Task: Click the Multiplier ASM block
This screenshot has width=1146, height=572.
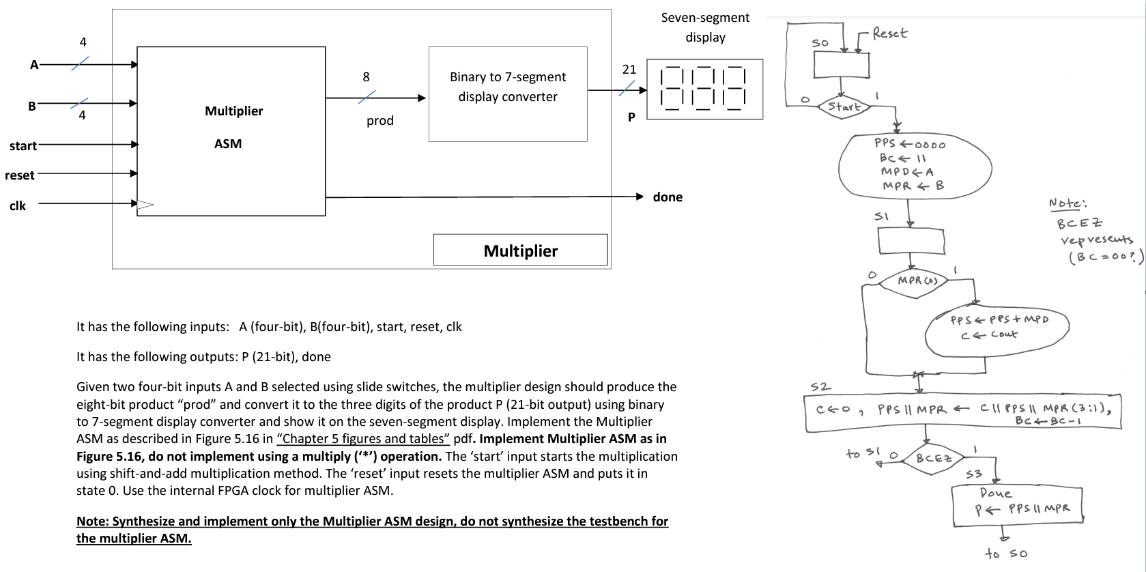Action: (231, 130)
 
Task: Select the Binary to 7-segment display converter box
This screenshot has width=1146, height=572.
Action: (507, 94)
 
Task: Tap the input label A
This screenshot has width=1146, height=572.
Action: (33, 65)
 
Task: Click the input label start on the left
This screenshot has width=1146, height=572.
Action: (23, 145)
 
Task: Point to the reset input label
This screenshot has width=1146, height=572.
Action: (19, 175)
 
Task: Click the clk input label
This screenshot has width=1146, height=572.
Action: (18, 205)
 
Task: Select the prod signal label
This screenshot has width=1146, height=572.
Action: (379, 121)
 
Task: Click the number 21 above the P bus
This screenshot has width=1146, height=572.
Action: (629, 69)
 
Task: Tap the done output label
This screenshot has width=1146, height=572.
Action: (667, 197)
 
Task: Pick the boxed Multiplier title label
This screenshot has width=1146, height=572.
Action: (520, 251)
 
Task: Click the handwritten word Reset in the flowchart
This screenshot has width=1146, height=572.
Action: (890, 33)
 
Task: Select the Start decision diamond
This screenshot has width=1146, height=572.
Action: (844, 106)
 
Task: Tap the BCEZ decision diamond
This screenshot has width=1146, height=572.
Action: (934, 458)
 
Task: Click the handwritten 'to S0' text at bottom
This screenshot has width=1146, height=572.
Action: (1005, 553)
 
